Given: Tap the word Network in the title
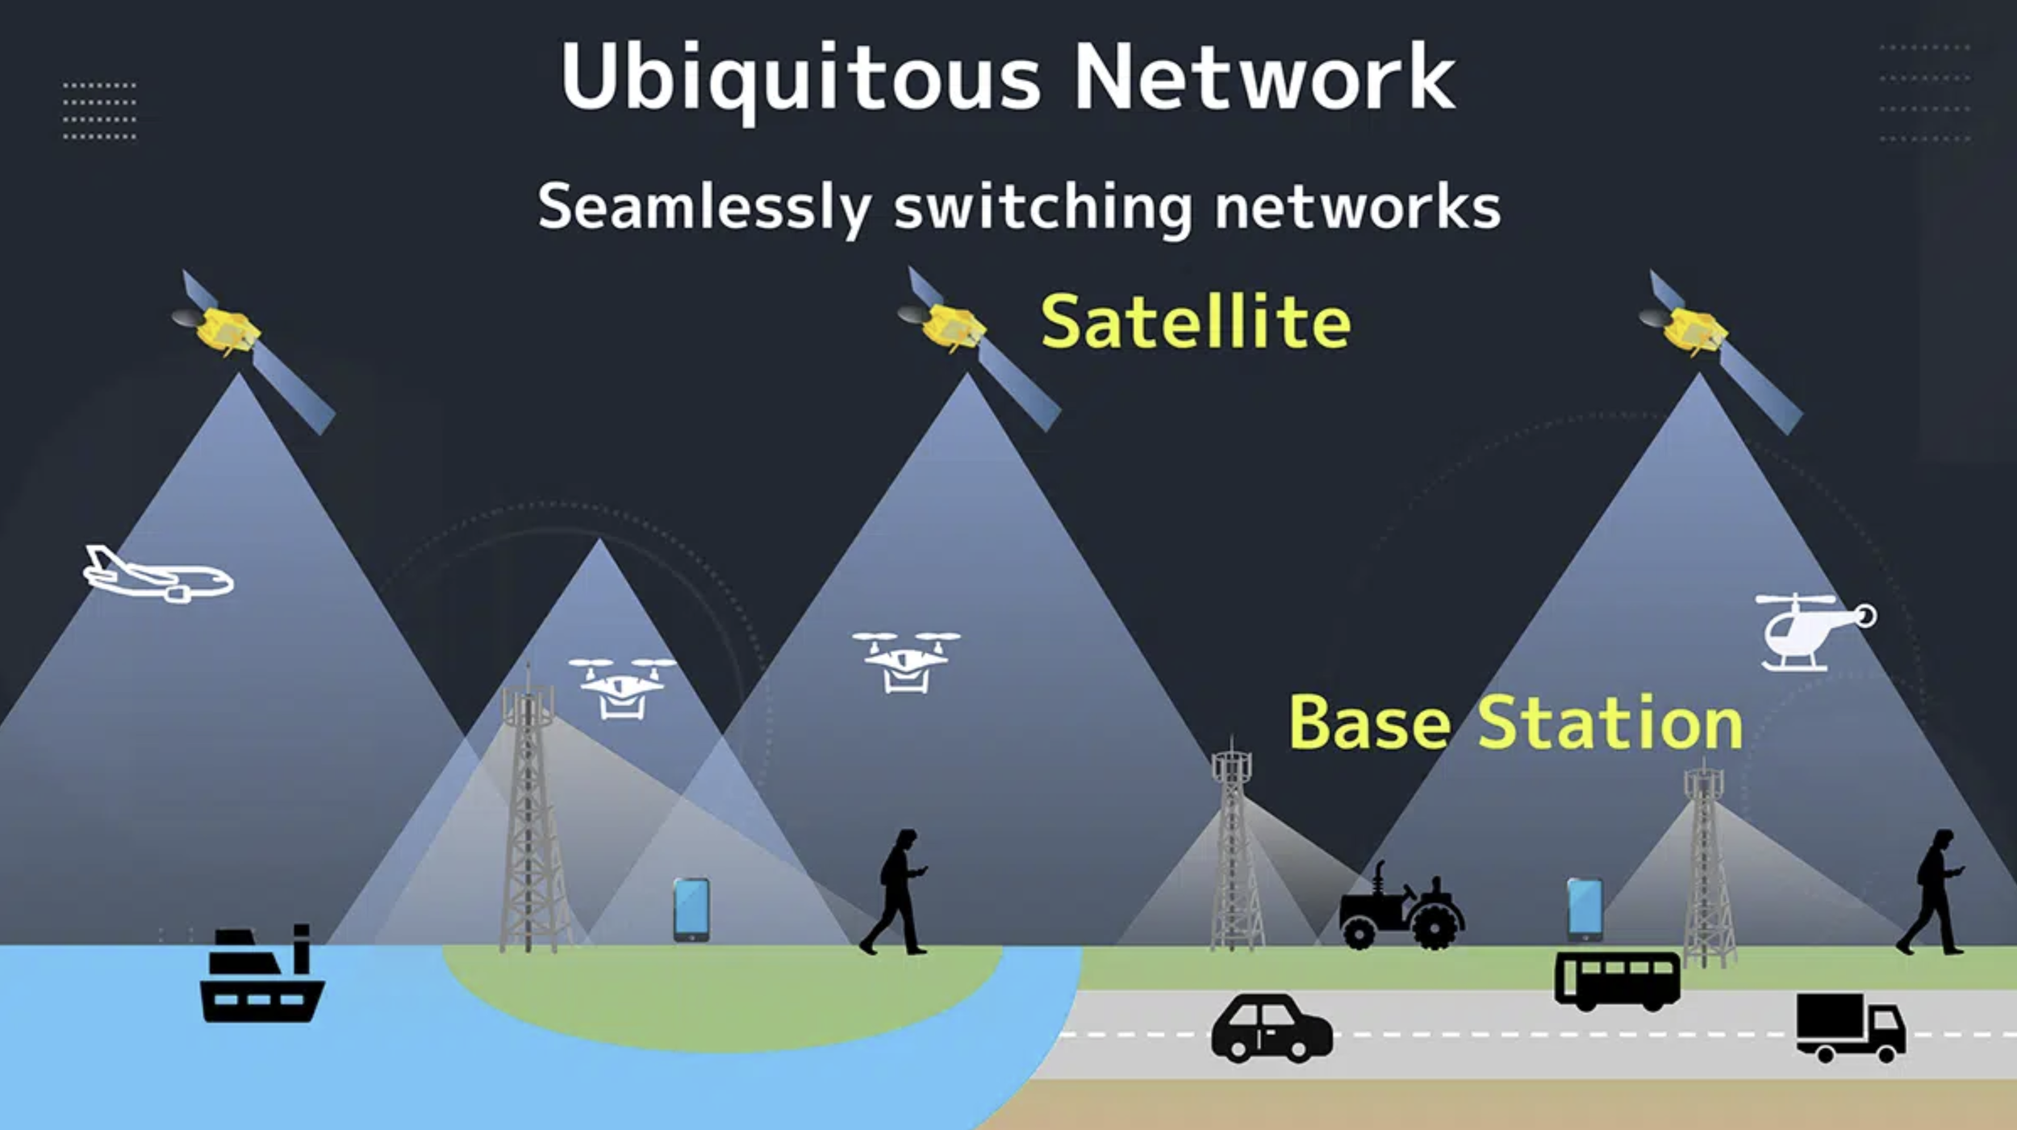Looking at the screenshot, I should [1264, 79].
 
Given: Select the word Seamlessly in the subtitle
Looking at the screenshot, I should [704, 208].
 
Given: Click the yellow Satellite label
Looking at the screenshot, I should [1196, 323].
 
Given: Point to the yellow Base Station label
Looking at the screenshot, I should [1515, 723].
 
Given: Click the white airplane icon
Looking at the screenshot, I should [158, 576].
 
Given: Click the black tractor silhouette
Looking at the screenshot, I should [1401, 908].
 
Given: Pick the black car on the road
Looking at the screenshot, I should [1272, 1029].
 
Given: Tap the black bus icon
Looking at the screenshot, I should [1617, 979].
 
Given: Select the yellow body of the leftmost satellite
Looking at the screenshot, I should [228, 330].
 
